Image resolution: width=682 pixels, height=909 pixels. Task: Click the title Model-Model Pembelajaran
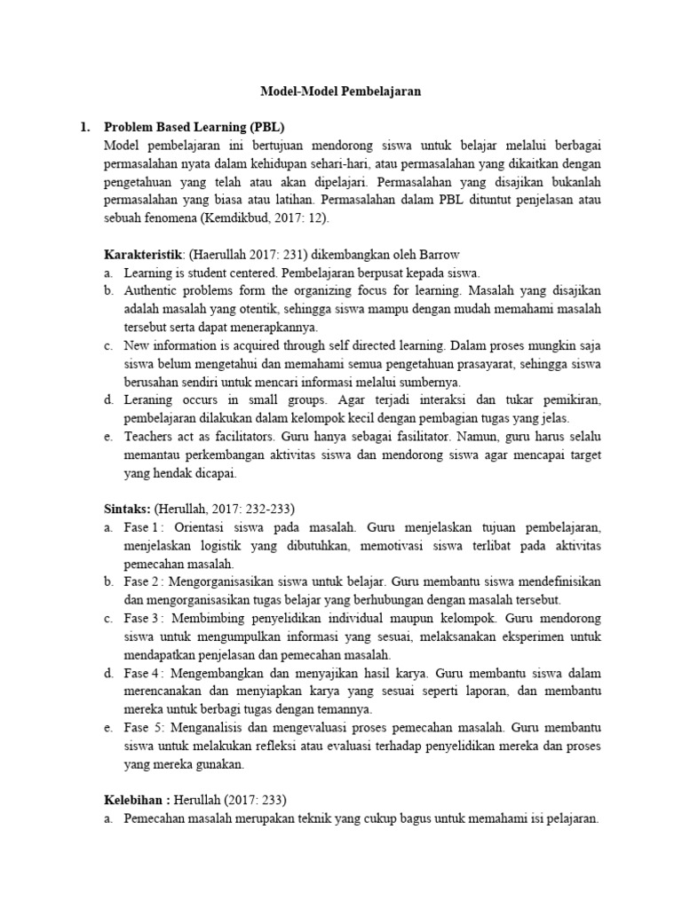click(x=340, y=91)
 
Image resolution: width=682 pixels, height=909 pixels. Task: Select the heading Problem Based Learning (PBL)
click(x=194, y=127)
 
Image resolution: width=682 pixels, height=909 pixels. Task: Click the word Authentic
click(x=153, y=290)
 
